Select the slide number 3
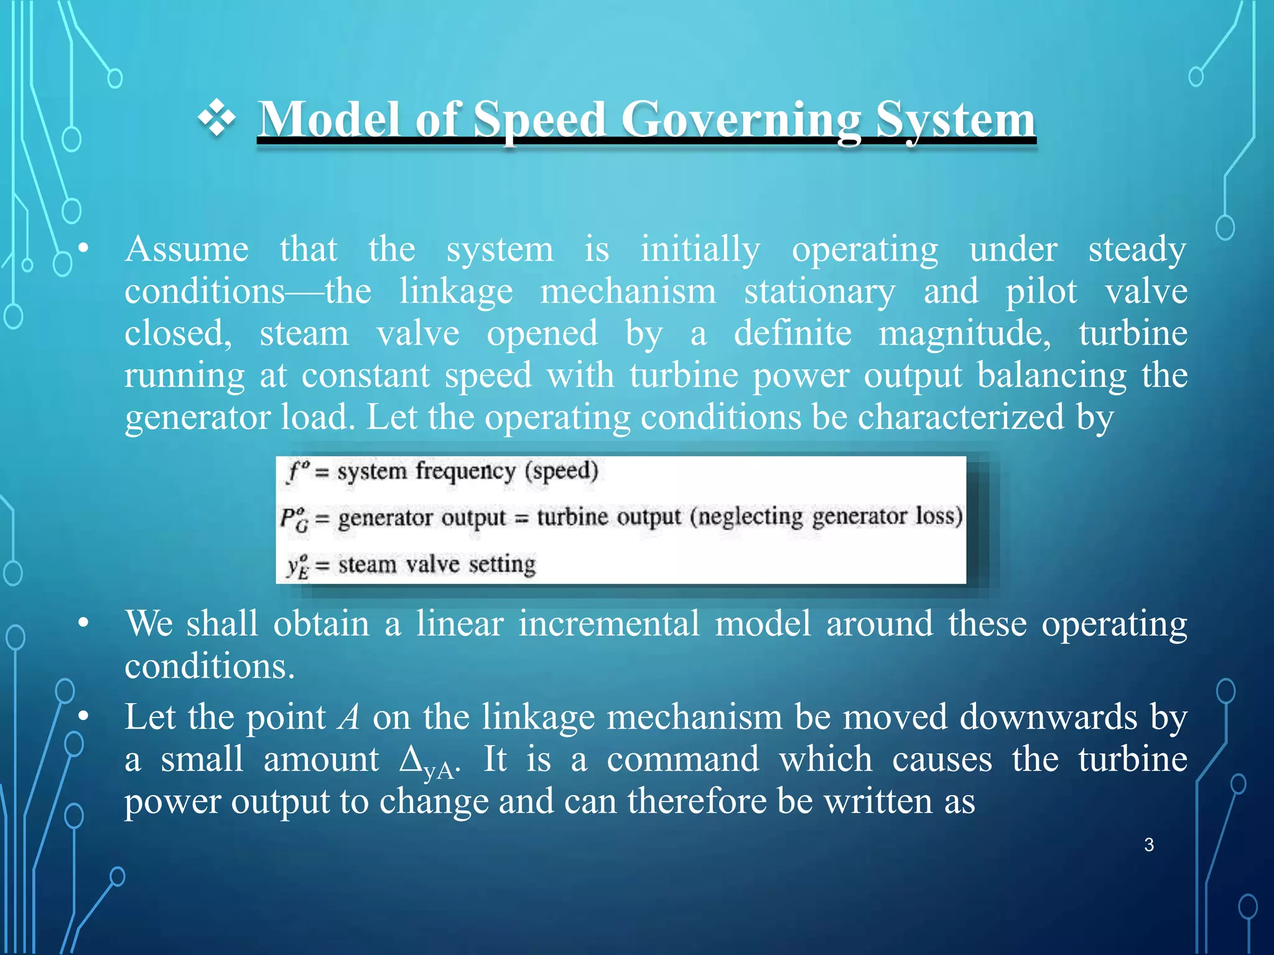coord(1149,845)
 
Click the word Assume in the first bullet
coord(187,250)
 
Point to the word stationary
coord(820,292)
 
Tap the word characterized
coord(961,417)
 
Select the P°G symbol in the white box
coord(294,519)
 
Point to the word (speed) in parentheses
coord(562,471)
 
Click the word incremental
coord(609,624)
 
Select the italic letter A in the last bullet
coord(349,717)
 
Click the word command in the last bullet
coord(683,760)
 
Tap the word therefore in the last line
coord(696,801)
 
